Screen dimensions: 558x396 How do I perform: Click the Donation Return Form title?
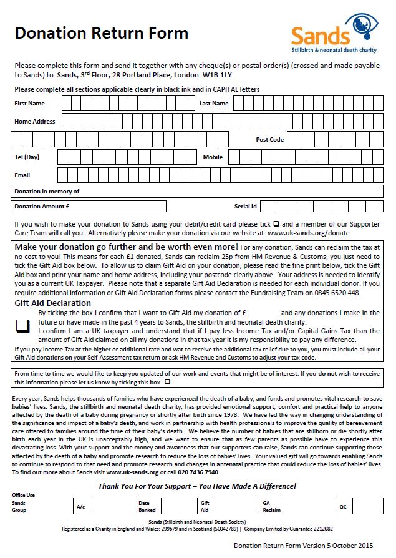pyautogui.click(x=101, y=33)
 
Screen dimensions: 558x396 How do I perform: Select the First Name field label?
pyautogui.click(x=30, y=104)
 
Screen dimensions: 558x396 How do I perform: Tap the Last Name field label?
pyautogui.click(x=214, y=104)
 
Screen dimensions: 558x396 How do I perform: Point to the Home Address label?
pyautogui.click(x=35, y=122)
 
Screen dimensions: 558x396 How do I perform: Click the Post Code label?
pyautogui.click(x=269, y=140)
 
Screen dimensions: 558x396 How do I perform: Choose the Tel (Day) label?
pyautogui.click(x=27, y=157)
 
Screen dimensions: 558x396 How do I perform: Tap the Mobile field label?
pyautogui.click(x=213, y=157)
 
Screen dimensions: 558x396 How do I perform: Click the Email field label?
pyautogui.click(x=22, y=175)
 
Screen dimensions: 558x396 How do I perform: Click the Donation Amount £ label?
pyautogui.click(x=42, y=206)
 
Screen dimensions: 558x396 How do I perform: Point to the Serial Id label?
pyautogui.click(x=246, y=206)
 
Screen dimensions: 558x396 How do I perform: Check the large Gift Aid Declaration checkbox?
pyautogui.click(x=23, y=325)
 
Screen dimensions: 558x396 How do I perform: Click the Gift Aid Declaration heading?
pyautogui.click(x=53, y=303)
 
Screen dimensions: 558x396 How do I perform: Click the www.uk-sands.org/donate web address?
pyautogui.click(x=308, y=233)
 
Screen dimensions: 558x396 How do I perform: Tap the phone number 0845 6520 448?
pyautogui.click(x=337, y=293)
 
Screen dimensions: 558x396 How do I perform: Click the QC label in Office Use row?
pyautogui.click(x=343, y=506)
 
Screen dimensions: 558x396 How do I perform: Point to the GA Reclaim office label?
pyautogui.click(x=271, y=506)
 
